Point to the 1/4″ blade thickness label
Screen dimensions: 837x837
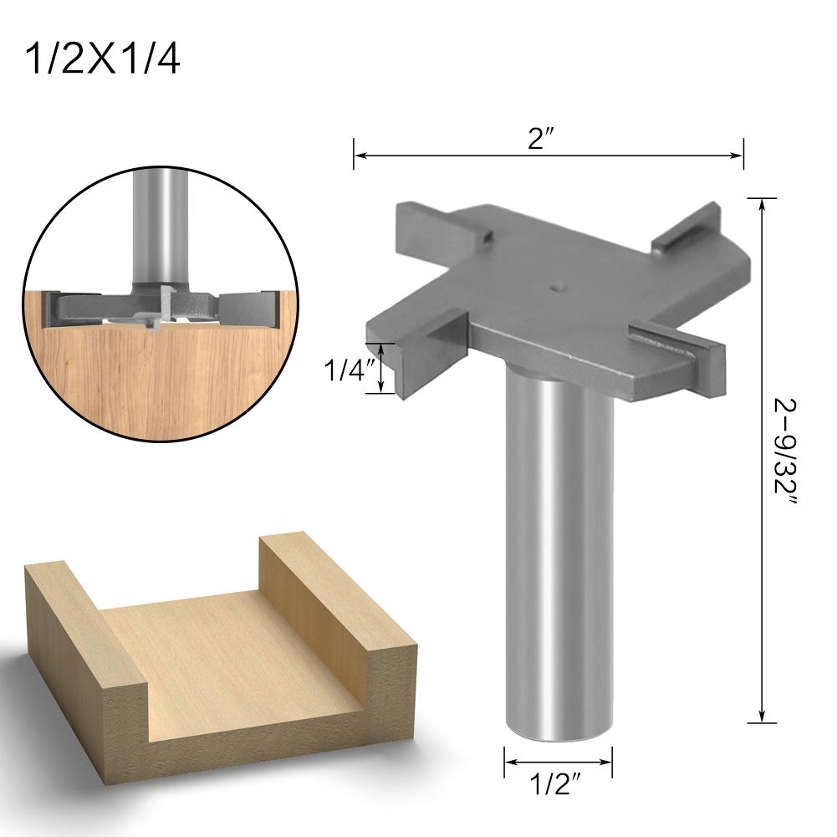coord(346,369)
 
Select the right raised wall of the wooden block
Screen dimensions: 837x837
coord(334,602)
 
